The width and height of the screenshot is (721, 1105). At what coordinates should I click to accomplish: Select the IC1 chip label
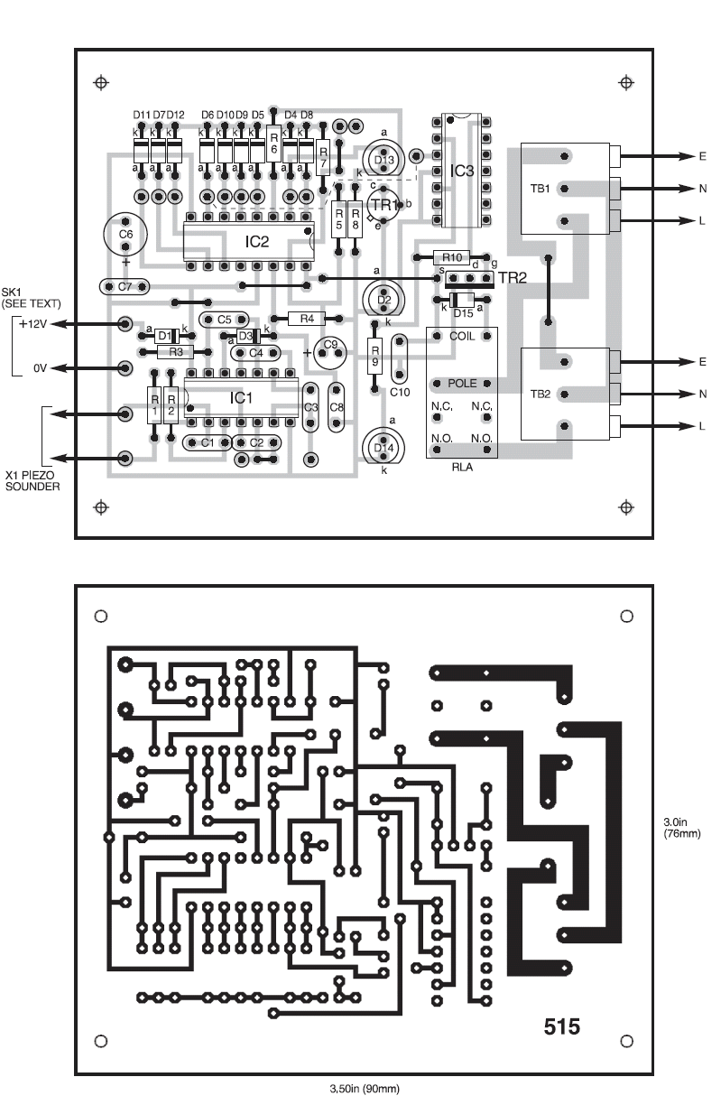pos(240,397)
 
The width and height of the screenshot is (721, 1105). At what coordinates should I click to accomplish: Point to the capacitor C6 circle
pos(125,233)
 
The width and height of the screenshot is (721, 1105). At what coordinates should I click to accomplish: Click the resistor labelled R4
pos(307,319)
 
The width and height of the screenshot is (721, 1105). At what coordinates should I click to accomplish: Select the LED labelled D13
pos(384,160)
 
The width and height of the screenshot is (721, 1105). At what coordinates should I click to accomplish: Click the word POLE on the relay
pos(461,384)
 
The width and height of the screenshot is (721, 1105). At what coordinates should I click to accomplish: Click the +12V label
pos(34,324)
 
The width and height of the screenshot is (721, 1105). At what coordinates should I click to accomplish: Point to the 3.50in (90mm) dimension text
pos(362,1089)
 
